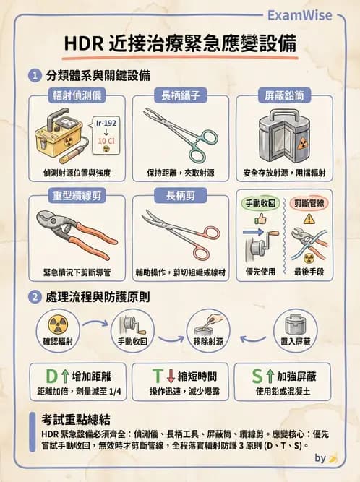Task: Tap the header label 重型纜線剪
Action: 77,196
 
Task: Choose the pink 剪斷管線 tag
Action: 309,205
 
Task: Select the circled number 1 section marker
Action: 34,75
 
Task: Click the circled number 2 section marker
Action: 34,296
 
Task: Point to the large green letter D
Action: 52,376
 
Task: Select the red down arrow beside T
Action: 171,376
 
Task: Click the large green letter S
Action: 259,376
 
